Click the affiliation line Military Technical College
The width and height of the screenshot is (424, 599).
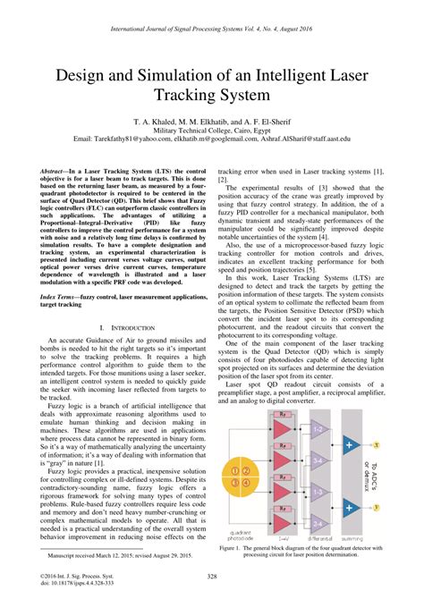point(211,130)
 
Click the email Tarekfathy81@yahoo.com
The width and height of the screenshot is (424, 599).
point(133,139)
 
